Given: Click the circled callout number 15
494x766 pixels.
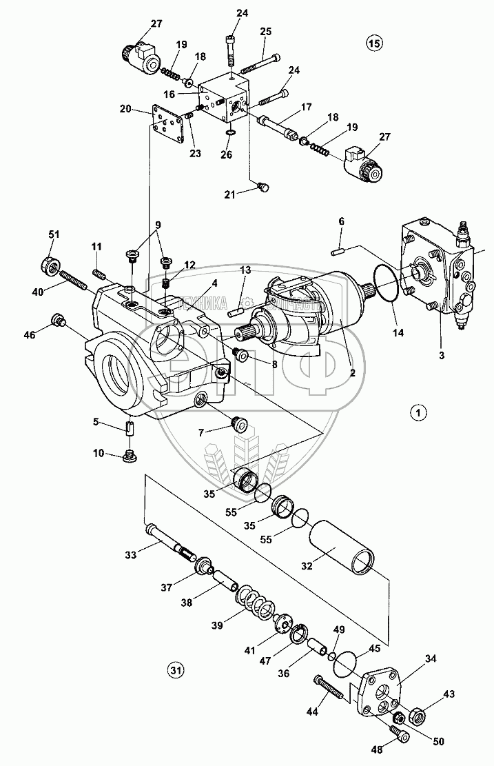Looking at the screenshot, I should click(374, 44).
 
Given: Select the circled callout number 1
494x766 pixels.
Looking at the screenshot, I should click(418, 413).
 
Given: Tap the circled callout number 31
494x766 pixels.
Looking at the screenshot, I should click(176, 669).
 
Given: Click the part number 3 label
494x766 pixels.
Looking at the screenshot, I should click(442, 356).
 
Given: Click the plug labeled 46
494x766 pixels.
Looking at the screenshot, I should click(57, 320).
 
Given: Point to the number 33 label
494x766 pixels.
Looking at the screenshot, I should click(131, 553).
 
